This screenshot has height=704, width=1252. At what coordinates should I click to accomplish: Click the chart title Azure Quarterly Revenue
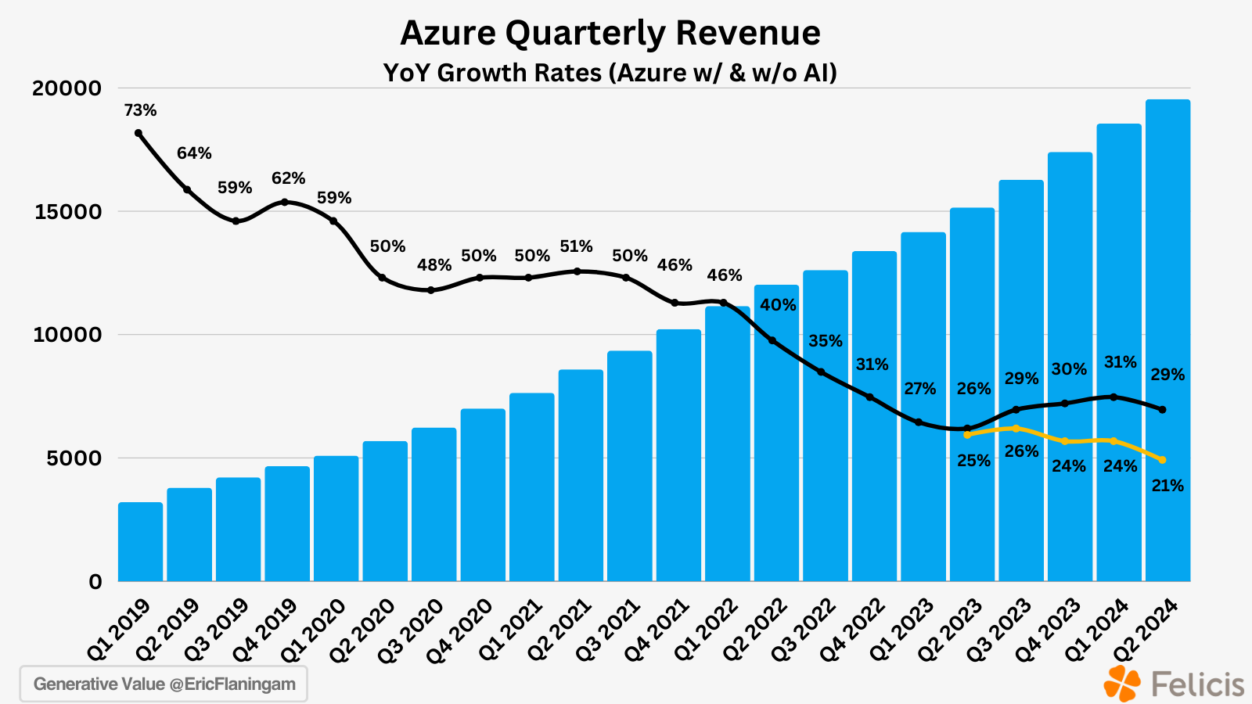[610, 33]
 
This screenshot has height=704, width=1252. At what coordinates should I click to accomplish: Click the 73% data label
[140, 110]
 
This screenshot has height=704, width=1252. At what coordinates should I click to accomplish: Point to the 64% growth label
[194, 153]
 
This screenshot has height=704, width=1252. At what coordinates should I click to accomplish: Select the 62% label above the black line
[288, 178]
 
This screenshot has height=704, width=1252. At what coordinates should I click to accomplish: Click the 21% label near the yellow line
[1167, 486]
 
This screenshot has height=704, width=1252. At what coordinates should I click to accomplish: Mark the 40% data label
[778, 305]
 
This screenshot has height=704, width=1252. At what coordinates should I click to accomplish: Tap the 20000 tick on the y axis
[67, 88]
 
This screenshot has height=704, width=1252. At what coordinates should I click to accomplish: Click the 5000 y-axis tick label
[74, 458]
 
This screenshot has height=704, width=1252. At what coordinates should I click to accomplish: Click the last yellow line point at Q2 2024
[1162, 460]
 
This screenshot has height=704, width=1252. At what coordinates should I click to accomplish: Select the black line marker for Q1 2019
[139, 133]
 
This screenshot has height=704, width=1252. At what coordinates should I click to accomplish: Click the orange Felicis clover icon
[1122, 683]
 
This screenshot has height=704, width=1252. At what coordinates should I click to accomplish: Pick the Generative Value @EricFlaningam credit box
[164, 684]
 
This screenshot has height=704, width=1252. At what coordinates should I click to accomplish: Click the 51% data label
[576, 246]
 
